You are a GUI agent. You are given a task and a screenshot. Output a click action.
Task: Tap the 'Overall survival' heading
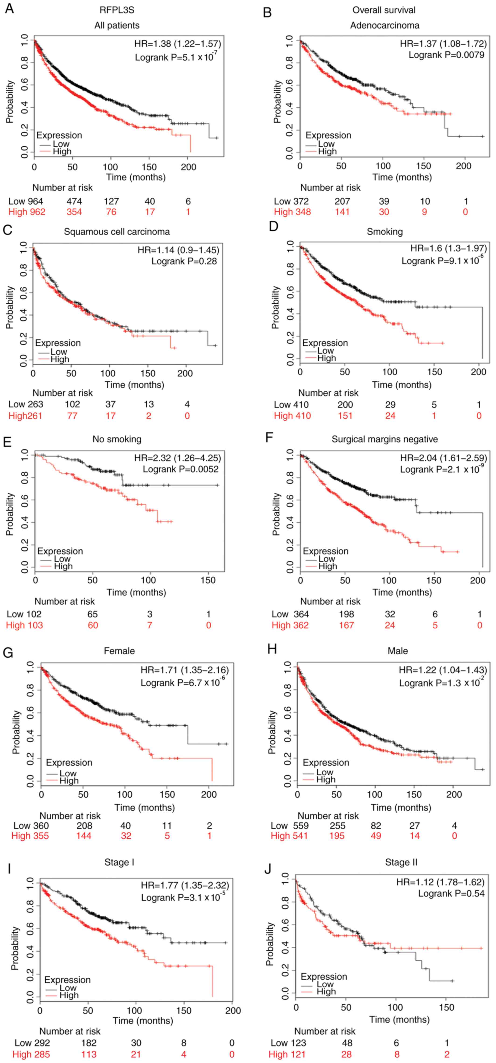pyautogui.click(x=384, y=10)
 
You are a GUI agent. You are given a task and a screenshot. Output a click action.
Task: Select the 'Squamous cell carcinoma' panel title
pyautogui.click(x=117, y=231)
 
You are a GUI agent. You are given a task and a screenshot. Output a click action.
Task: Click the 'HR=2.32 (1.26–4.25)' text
pyautogui.click(x=177, y=458)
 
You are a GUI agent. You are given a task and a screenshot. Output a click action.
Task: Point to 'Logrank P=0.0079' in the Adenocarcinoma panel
pyautogui.click(x=447, y=54)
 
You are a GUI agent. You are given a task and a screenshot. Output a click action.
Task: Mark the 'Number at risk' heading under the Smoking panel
pyautogui.click(x=328, y=393)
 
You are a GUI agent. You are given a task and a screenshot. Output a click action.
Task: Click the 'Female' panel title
pyautogui.click(x=119, y=651)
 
